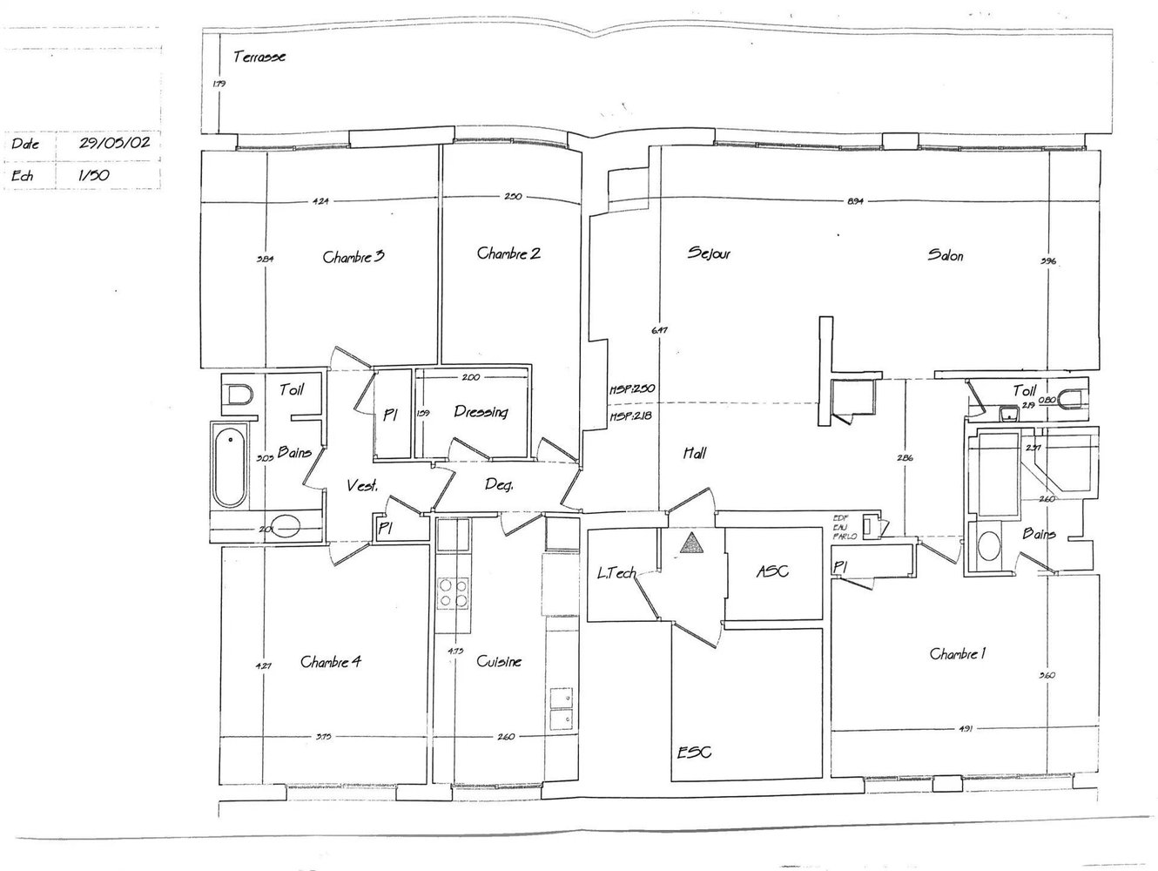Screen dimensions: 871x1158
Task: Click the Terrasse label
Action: [259, 57]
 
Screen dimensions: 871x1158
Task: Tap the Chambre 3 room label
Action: [353, 257]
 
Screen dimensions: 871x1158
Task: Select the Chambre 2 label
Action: [508, 253]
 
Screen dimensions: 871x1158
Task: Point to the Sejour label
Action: [709, 254]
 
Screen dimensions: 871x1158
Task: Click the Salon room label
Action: [946, 255]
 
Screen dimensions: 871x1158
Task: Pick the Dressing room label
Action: [481, 412]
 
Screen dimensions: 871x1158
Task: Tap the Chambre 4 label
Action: [331, 662]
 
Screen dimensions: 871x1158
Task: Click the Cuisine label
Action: [499, 662]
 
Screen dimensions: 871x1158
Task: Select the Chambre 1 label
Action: [958, 654]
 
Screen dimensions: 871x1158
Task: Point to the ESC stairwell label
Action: [695, 751]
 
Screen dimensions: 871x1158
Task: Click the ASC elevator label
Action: [772, 571]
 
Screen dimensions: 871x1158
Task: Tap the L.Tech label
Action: [616, 573]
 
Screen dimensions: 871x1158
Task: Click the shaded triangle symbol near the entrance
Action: [692, 544]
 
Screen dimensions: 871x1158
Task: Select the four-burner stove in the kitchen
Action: [453, 592]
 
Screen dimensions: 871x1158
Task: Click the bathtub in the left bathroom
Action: [229, 465]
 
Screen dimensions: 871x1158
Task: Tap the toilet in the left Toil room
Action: [236, 396]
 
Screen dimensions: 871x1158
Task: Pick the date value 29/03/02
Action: [114, 144]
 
